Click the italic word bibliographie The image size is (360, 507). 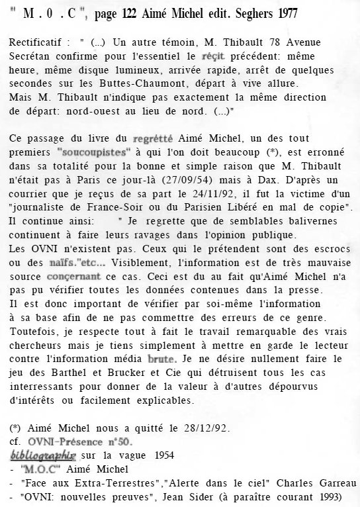(x=44, y=455)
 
